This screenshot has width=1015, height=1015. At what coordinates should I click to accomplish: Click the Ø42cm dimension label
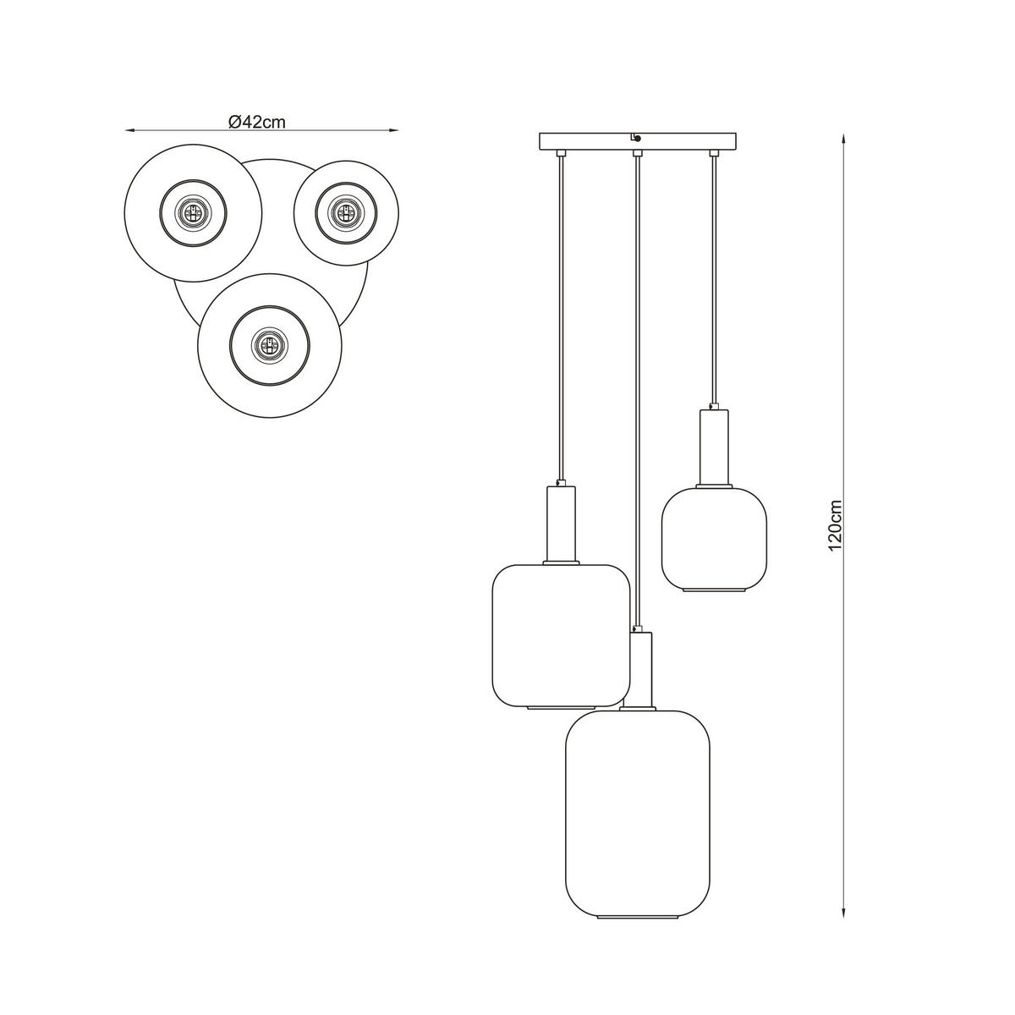pyautogui.click(x=256, y=121)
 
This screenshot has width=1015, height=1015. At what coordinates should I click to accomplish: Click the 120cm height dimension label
pyautogui.click(x=836, y=524)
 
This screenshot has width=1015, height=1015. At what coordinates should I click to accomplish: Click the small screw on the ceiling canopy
pyautogui.click(x=636, y=139)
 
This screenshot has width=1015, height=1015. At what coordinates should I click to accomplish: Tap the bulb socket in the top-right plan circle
pyautogui.click(x=345, y=211)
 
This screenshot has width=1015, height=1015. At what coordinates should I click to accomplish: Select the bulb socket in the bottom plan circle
pyautogui.click(x=269, y=344)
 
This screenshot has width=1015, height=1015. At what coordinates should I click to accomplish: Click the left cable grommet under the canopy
pyautogui.click(x=561, y=154)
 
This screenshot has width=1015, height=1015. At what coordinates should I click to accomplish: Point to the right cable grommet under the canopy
pyautogui.click(x=714, y=154)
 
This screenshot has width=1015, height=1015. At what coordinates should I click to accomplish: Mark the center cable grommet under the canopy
pyautogui.click(x=637, y=154)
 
